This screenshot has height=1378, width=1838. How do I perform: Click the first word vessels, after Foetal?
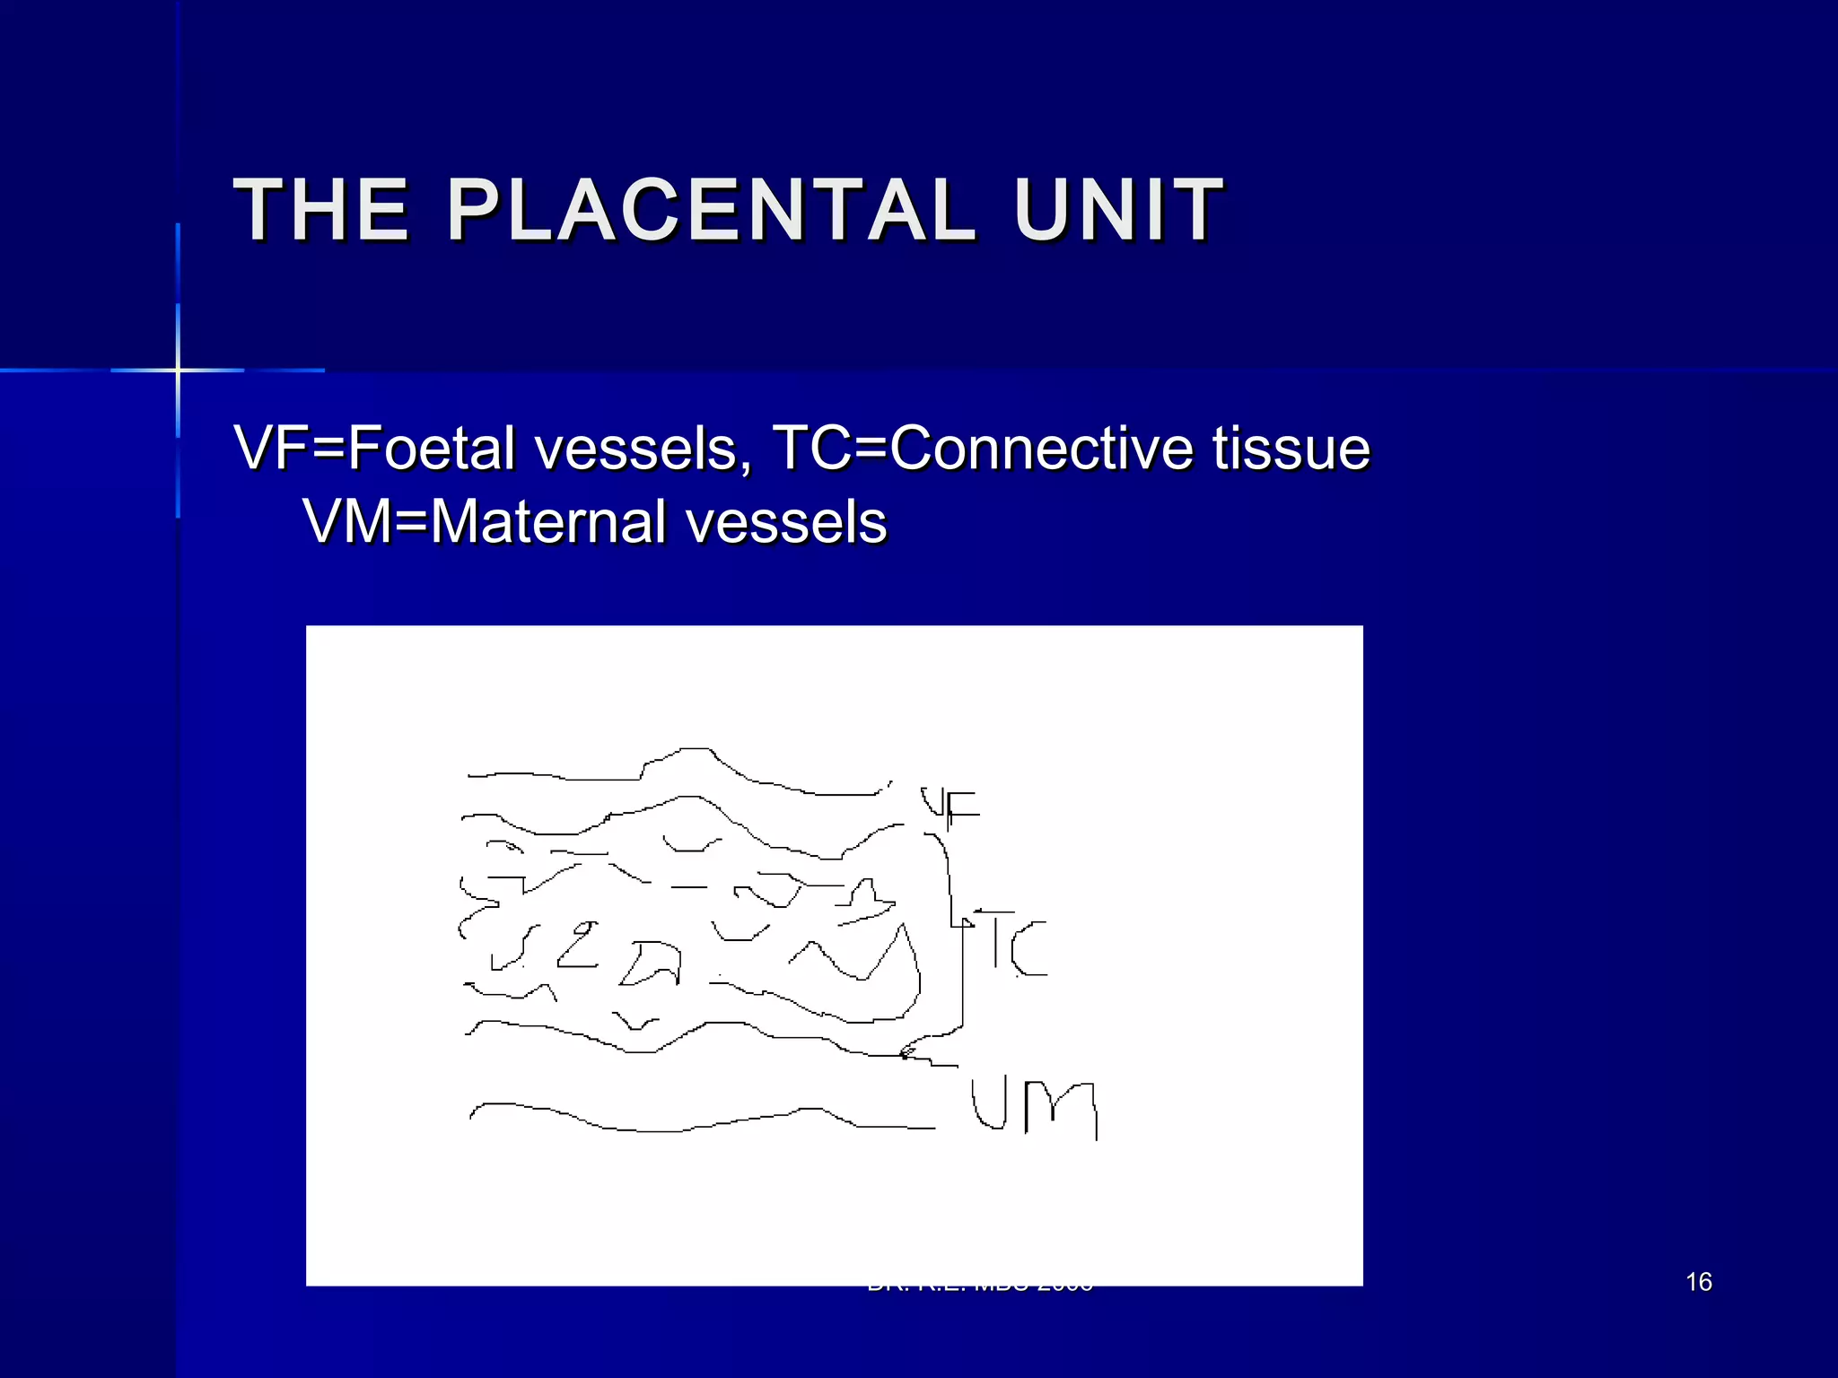pos(643,448)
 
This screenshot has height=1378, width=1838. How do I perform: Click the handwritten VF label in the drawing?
pos(950,806)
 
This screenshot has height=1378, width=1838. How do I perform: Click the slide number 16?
pos(1698,1282)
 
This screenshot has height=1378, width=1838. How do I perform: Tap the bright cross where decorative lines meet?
pos(178,370)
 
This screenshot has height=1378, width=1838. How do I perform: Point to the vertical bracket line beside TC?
pos(962,973)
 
